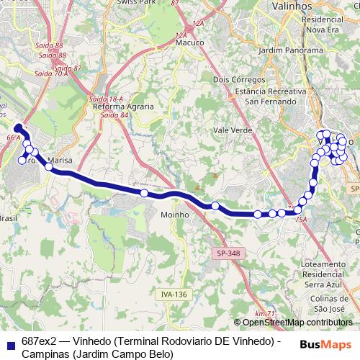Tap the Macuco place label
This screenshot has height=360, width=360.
tap(189, 43)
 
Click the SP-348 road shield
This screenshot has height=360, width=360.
tap(229, 253)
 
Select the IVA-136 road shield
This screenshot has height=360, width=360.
tap(174, 294)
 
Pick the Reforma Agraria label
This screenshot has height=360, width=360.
tap(119, 107)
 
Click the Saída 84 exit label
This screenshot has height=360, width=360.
tap(115, 114)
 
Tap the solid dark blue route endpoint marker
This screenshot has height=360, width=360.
tap(19, 128)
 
